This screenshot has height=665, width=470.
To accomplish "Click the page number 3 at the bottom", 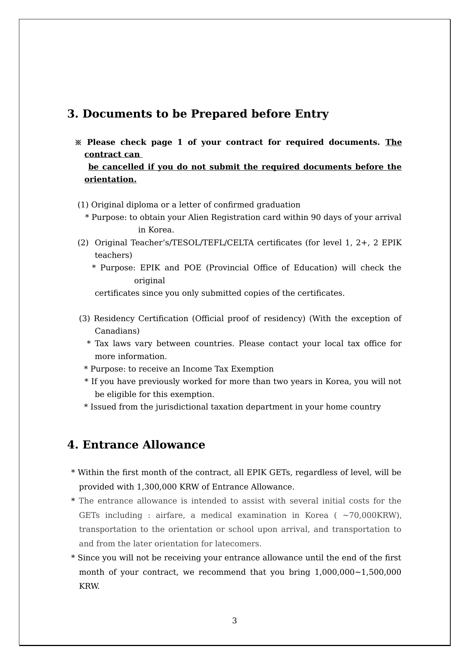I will pos(234,621).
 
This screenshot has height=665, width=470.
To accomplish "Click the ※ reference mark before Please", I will pos(78,143).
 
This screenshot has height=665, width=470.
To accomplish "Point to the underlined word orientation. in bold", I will pos(110,179).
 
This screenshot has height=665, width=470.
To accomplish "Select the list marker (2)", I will pos(83,243).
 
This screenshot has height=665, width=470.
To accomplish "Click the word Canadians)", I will pos(117,331).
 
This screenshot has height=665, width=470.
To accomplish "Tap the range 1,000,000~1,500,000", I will pos(358,572).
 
